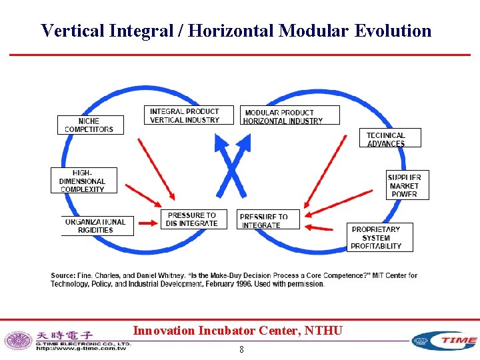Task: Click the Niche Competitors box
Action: pos(90,125)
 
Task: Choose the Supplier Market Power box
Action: pos(405,185)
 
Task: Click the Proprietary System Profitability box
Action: pos(379,237)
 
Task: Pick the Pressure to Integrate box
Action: pos(264,220)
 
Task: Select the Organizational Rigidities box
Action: pos(97,226)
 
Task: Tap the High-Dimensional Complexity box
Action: pos(83,181)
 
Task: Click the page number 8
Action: pos(241,349)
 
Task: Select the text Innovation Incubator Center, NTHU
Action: pos(238,330)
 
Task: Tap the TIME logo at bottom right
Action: pos(445,340)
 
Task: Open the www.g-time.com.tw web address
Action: pos(81,348)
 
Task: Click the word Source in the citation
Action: pos(63,275)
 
